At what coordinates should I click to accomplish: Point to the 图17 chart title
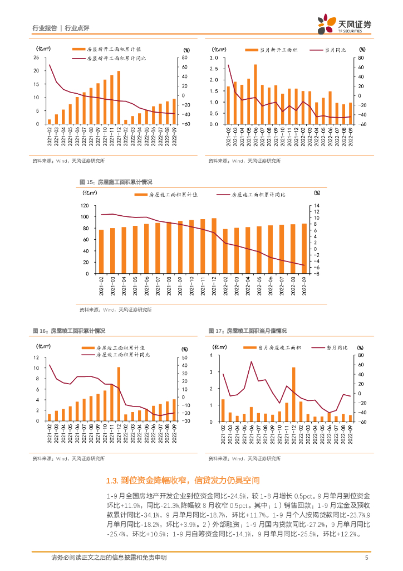coord(248,331)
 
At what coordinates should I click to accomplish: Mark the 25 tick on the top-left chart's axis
coord(37,58)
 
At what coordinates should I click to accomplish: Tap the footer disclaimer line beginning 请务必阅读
coord(109,557)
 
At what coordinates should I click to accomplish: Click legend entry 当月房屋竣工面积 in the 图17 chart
coord(275,347)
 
